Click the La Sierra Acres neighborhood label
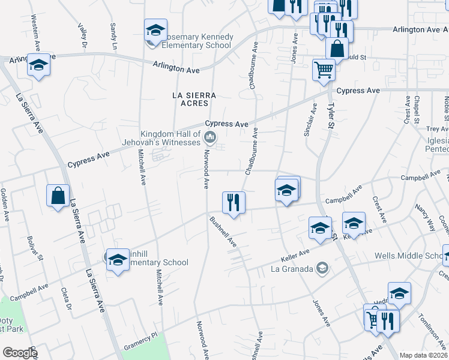[193, 99]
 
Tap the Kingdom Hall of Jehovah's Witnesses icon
[210, 139]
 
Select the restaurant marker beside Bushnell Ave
[234, 202]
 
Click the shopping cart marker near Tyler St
[324, 70]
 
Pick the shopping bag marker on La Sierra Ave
[58, 196]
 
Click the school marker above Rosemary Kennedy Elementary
[155, 29]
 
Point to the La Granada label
[292, 269]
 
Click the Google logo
[19, 353]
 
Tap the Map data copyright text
[424, 355]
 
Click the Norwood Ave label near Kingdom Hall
[205, 170]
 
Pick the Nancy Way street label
[425, 218]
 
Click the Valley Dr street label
[82, 35]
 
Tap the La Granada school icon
[323, 268]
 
